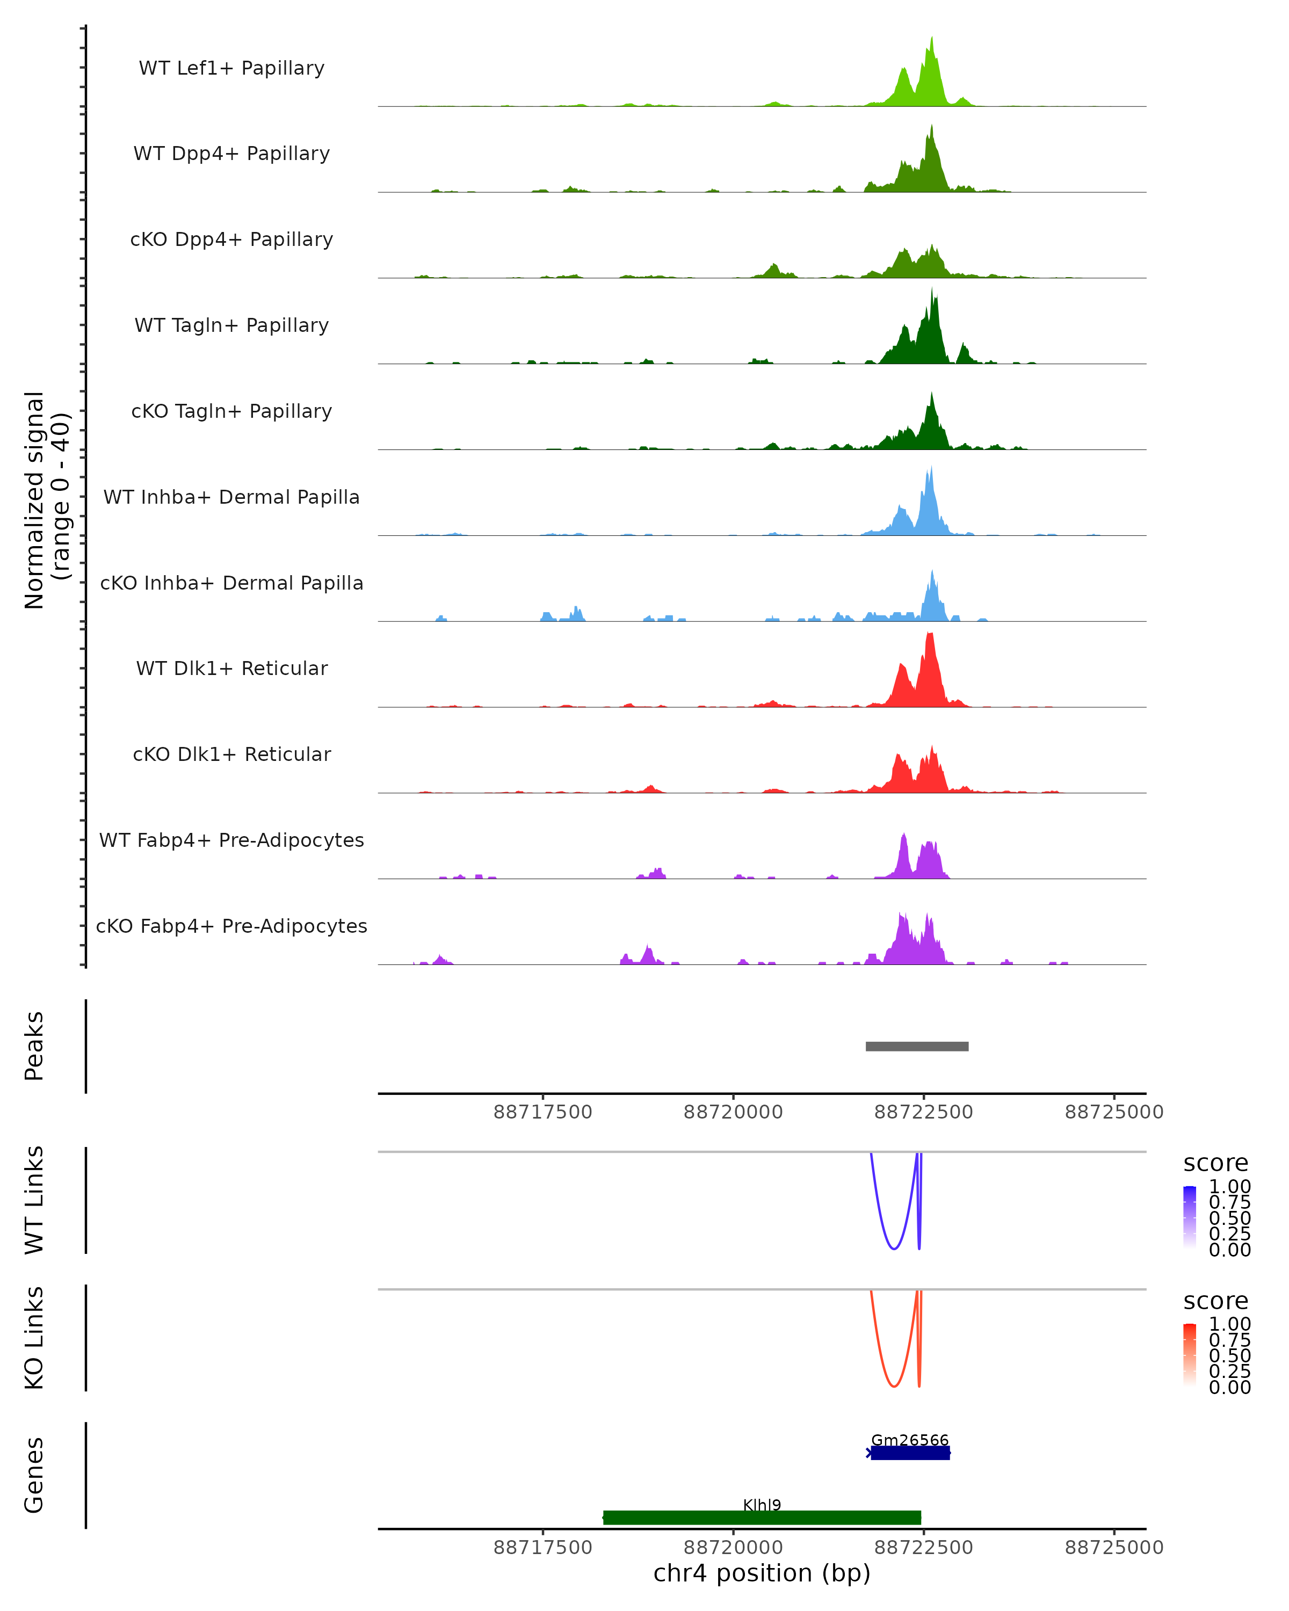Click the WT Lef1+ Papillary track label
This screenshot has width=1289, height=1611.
[231, 68]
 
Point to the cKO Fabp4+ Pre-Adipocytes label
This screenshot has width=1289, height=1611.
[231, 926]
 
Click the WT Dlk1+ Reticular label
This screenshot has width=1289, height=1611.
[231, 668]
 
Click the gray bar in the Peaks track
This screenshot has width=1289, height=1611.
[917, 1046]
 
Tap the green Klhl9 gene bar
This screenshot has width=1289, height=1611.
[762, 1518]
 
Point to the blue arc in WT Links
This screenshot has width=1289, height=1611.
[894, 1248]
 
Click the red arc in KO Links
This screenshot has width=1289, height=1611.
[894, 1386]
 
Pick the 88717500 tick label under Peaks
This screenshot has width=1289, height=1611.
[542, 1112]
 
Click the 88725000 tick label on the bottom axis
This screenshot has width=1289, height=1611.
[1113, 1548]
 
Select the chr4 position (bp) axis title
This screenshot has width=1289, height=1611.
[762, 1573]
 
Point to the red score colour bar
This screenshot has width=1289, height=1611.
[1190, 1355]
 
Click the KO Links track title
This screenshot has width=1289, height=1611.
[34, 1338]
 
